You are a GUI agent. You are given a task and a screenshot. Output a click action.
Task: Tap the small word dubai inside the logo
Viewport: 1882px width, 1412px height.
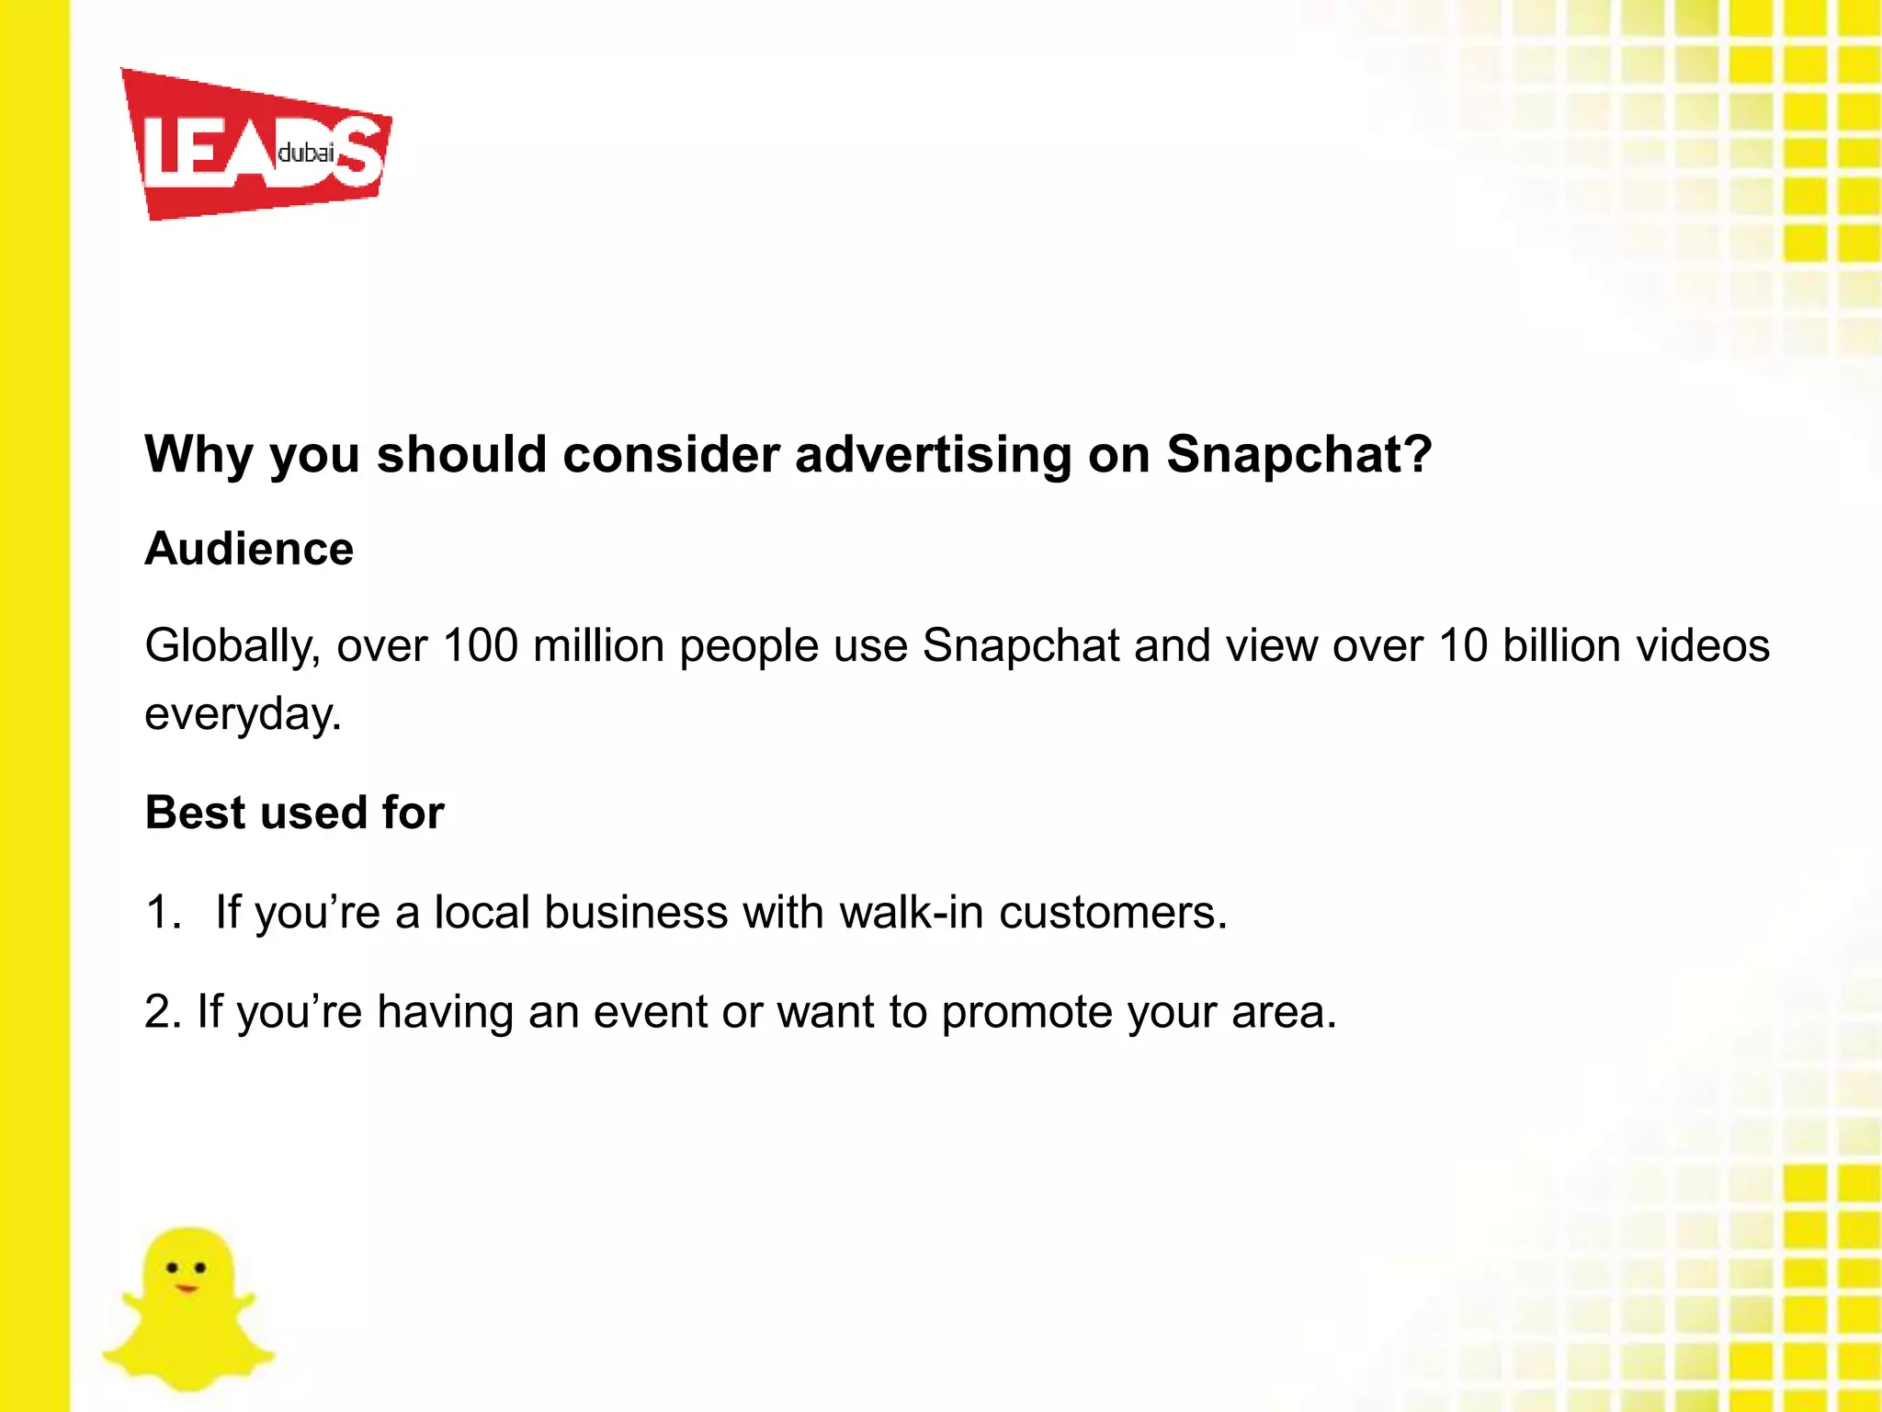305,153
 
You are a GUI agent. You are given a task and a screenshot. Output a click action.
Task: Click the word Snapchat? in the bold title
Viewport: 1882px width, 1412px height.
1298,454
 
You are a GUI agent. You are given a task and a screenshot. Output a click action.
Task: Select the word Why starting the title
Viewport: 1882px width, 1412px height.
198,454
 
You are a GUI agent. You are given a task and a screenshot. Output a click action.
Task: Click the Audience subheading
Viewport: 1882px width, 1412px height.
249,549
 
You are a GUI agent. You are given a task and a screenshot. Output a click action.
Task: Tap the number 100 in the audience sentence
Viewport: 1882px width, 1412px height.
480,645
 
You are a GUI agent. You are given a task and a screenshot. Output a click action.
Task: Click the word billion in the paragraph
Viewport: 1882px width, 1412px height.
1560,645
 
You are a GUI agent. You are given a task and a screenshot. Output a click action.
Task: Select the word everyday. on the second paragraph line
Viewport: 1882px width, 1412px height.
243,714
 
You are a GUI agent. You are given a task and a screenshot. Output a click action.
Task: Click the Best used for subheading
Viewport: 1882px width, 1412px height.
294,813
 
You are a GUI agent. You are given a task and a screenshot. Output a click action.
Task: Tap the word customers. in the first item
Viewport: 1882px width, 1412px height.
1113,913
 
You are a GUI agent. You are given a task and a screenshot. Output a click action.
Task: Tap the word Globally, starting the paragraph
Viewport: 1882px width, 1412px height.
232,646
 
